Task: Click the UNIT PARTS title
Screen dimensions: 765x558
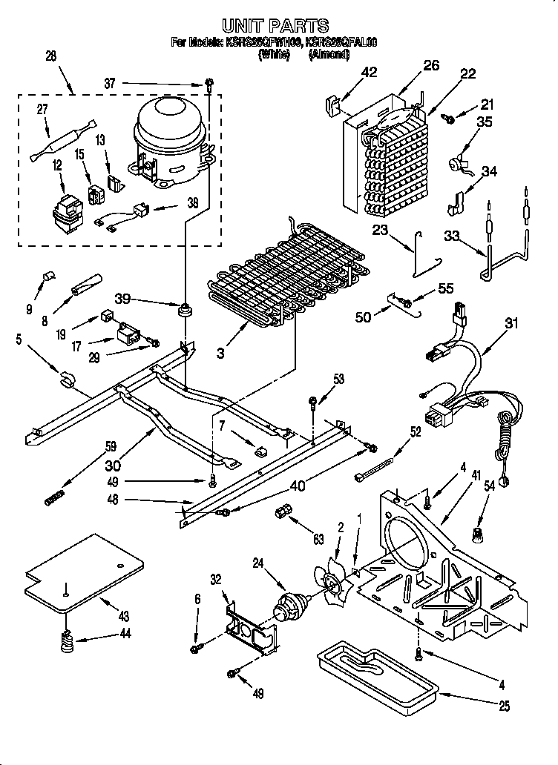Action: pyautogui.click(x=275, y=27)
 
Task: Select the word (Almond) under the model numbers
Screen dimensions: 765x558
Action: pyautogui.click(x=328, y=54)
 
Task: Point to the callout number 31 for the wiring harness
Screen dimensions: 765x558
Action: pyautogui.click(x=511, y=323)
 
